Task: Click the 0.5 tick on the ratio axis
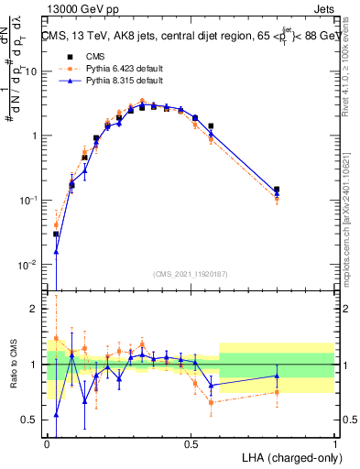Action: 34,420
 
